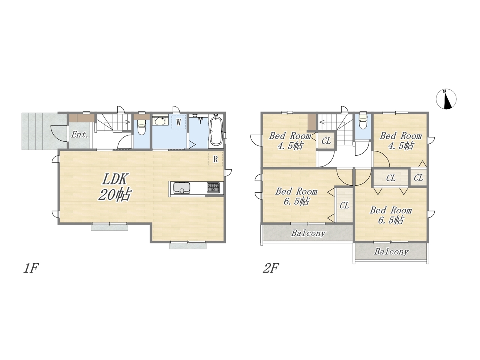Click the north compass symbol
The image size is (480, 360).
click(446, 99)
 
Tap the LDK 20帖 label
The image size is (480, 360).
click(114, 187)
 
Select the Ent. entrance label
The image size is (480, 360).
click(79, 135)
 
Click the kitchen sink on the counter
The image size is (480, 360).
click(182, 188)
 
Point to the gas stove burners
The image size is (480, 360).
click(213, 188)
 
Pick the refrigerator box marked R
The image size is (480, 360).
click(215, 159)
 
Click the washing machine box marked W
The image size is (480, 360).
click(178, 122)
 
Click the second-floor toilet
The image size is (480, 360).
click(363, 120)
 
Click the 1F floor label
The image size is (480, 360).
click(31, 268)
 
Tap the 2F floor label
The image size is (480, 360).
click(271, 268)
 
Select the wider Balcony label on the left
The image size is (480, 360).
click(308, 233)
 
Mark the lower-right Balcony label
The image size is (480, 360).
click(391, 252)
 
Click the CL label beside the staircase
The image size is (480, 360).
click(326, 141)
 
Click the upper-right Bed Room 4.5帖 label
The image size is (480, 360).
click(400, 141)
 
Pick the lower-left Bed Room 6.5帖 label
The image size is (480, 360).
click(296, 196)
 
